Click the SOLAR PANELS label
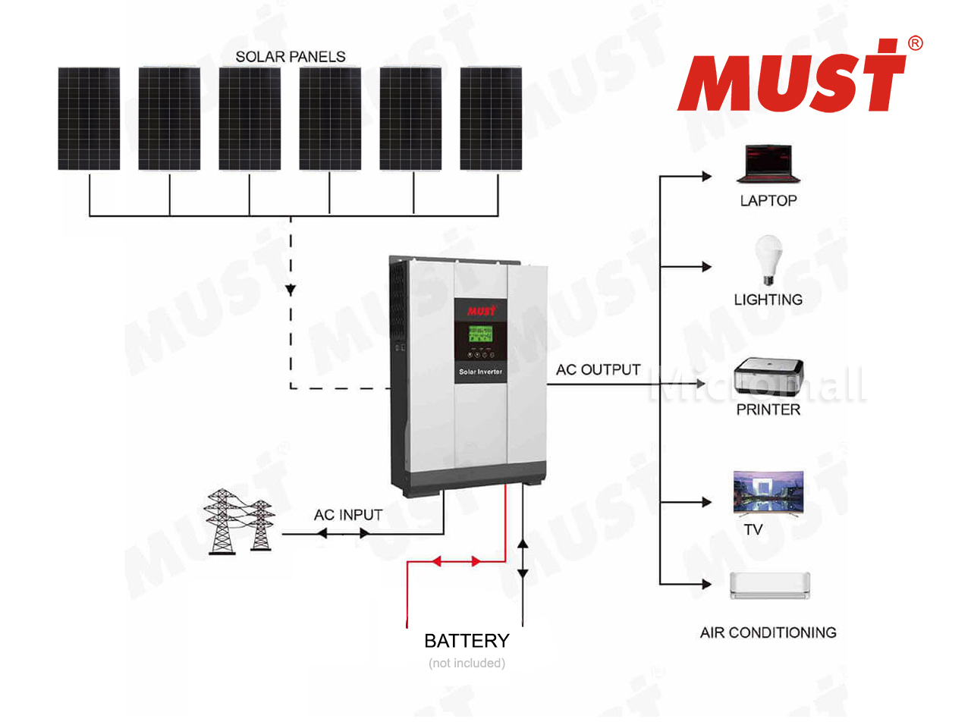[291, 57]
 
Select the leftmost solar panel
[89, 118]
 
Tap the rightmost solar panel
[491, 118]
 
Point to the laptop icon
[768, 164]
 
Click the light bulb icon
[768, 260]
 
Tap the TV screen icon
[768, 493]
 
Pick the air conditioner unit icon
[770, 585]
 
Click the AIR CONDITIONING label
[768, 632]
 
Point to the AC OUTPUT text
[598, 369]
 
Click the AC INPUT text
[348, 514]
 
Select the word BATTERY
[467, 641]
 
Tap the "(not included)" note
[467, 663]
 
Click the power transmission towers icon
[239, 522]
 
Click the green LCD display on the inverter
[480, 334]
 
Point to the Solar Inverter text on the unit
[480, 372]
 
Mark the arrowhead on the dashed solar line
[291, 290]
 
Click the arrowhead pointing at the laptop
[707, 177]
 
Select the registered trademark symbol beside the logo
[916, 43]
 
